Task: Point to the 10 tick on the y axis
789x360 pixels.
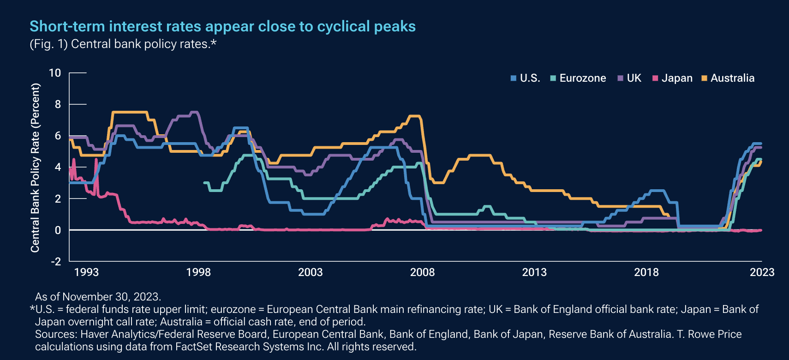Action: tap(55, 73)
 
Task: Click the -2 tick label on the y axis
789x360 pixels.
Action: tap(56, 262)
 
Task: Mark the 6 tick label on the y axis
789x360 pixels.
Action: tap(58, 136)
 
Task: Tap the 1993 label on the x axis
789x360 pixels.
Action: tap(86, 272)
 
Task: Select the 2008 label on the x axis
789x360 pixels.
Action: tap(422, 272)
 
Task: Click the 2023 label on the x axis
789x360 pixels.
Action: tap(762, 272)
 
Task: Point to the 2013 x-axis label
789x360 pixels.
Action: tap(534, 272)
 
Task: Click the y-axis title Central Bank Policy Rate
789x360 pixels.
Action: tap(35, 167)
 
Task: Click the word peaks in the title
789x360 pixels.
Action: tap(395, 26)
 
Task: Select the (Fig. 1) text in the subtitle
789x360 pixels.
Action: tap(48, 44)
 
